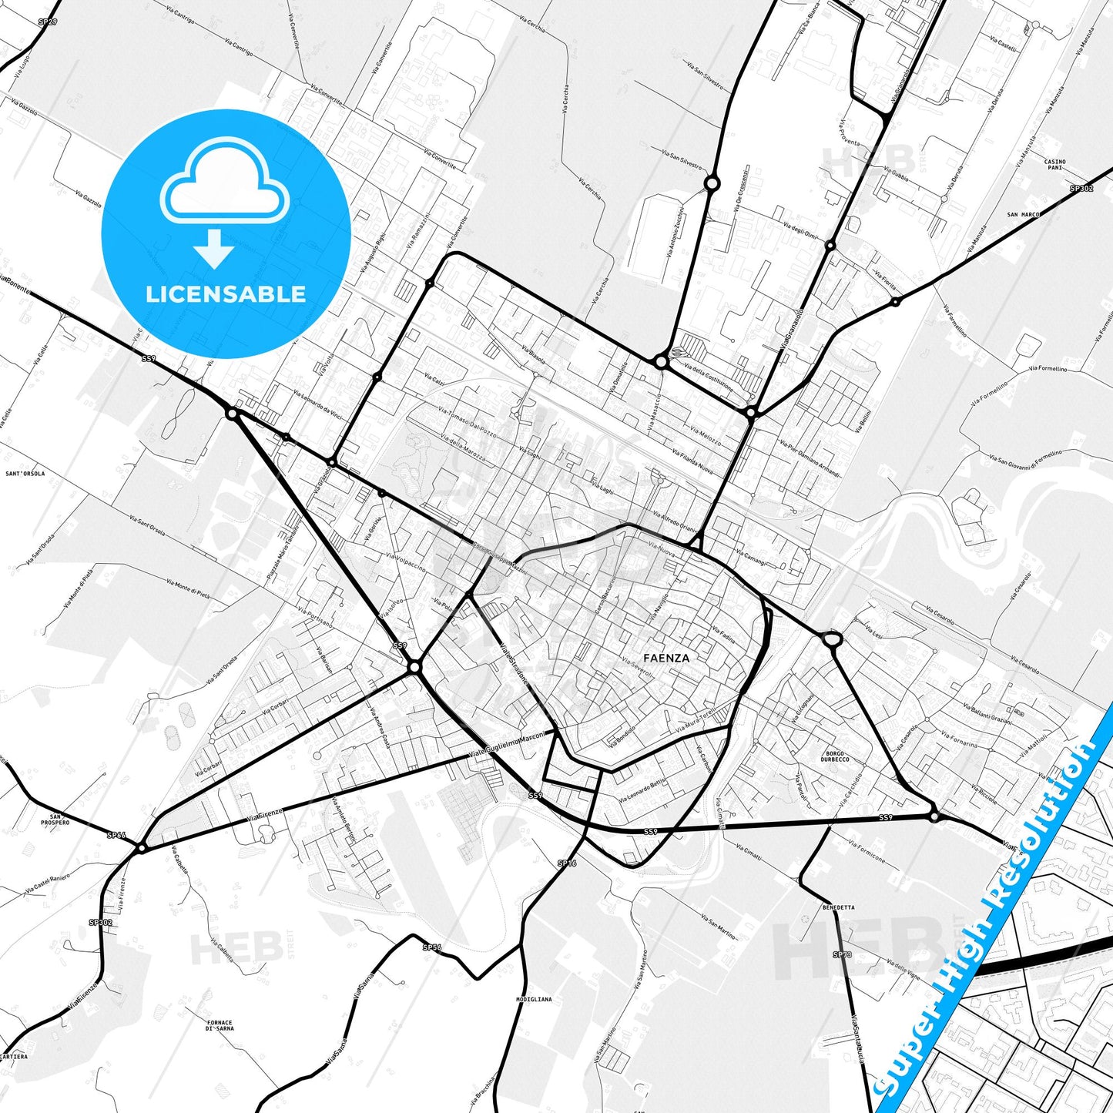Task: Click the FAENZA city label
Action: (666, 658)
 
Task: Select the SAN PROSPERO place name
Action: (55, 820)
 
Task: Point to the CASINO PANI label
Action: (1054, 165)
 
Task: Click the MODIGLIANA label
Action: (534, 999)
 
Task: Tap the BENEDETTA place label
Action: (838, 907)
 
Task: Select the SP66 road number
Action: (116, 834)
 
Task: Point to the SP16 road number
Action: (566, 863)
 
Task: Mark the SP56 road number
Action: (431, 947)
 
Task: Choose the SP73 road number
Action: (842, 954)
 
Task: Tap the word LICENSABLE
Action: (226, 294)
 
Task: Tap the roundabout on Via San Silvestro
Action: (712, 183)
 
